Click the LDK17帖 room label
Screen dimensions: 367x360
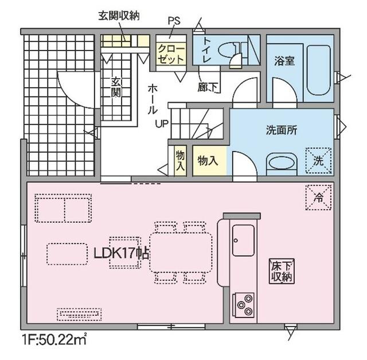121,253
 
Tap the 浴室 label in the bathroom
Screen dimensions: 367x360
284,61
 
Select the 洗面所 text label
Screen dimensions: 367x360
282,130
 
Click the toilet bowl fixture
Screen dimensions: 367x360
230,50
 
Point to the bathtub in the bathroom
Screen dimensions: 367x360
319,70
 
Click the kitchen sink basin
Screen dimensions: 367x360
243,241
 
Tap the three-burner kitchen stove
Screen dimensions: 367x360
243,305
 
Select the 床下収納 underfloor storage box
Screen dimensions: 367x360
282,272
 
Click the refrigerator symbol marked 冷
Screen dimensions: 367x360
319,197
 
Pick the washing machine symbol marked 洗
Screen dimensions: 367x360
319,161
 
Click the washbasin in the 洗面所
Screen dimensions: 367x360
282,164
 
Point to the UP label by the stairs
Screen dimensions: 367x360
162,123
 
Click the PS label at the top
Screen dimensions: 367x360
174,21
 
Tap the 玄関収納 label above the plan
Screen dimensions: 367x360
119,16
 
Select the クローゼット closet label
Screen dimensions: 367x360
171,54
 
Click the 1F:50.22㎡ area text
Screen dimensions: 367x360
54,340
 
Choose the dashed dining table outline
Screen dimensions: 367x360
181,252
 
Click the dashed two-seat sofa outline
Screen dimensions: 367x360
63,208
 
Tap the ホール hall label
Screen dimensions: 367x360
153,99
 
